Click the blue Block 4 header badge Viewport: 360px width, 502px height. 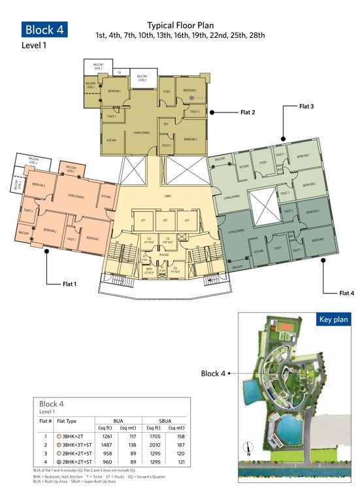pos(44,29)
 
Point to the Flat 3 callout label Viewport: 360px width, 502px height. pos(306,105)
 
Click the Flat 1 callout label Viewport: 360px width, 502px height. pos(60,284)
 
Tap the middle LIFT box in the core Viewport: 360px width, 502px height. pos(166,220)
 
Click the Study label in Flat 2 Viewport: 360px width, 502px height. pos(166,92)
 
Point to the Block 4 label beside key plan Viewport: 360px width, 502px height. pos(212,374)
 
